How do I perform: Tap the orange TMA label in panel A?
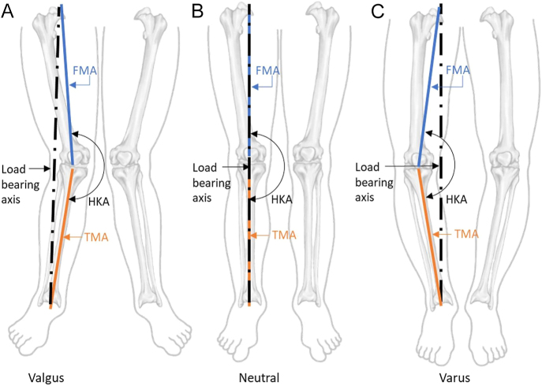pos(88,236)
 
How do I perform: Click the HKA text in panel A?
pos(103,201)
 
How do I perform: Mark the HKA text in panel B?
pos(282,200)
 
